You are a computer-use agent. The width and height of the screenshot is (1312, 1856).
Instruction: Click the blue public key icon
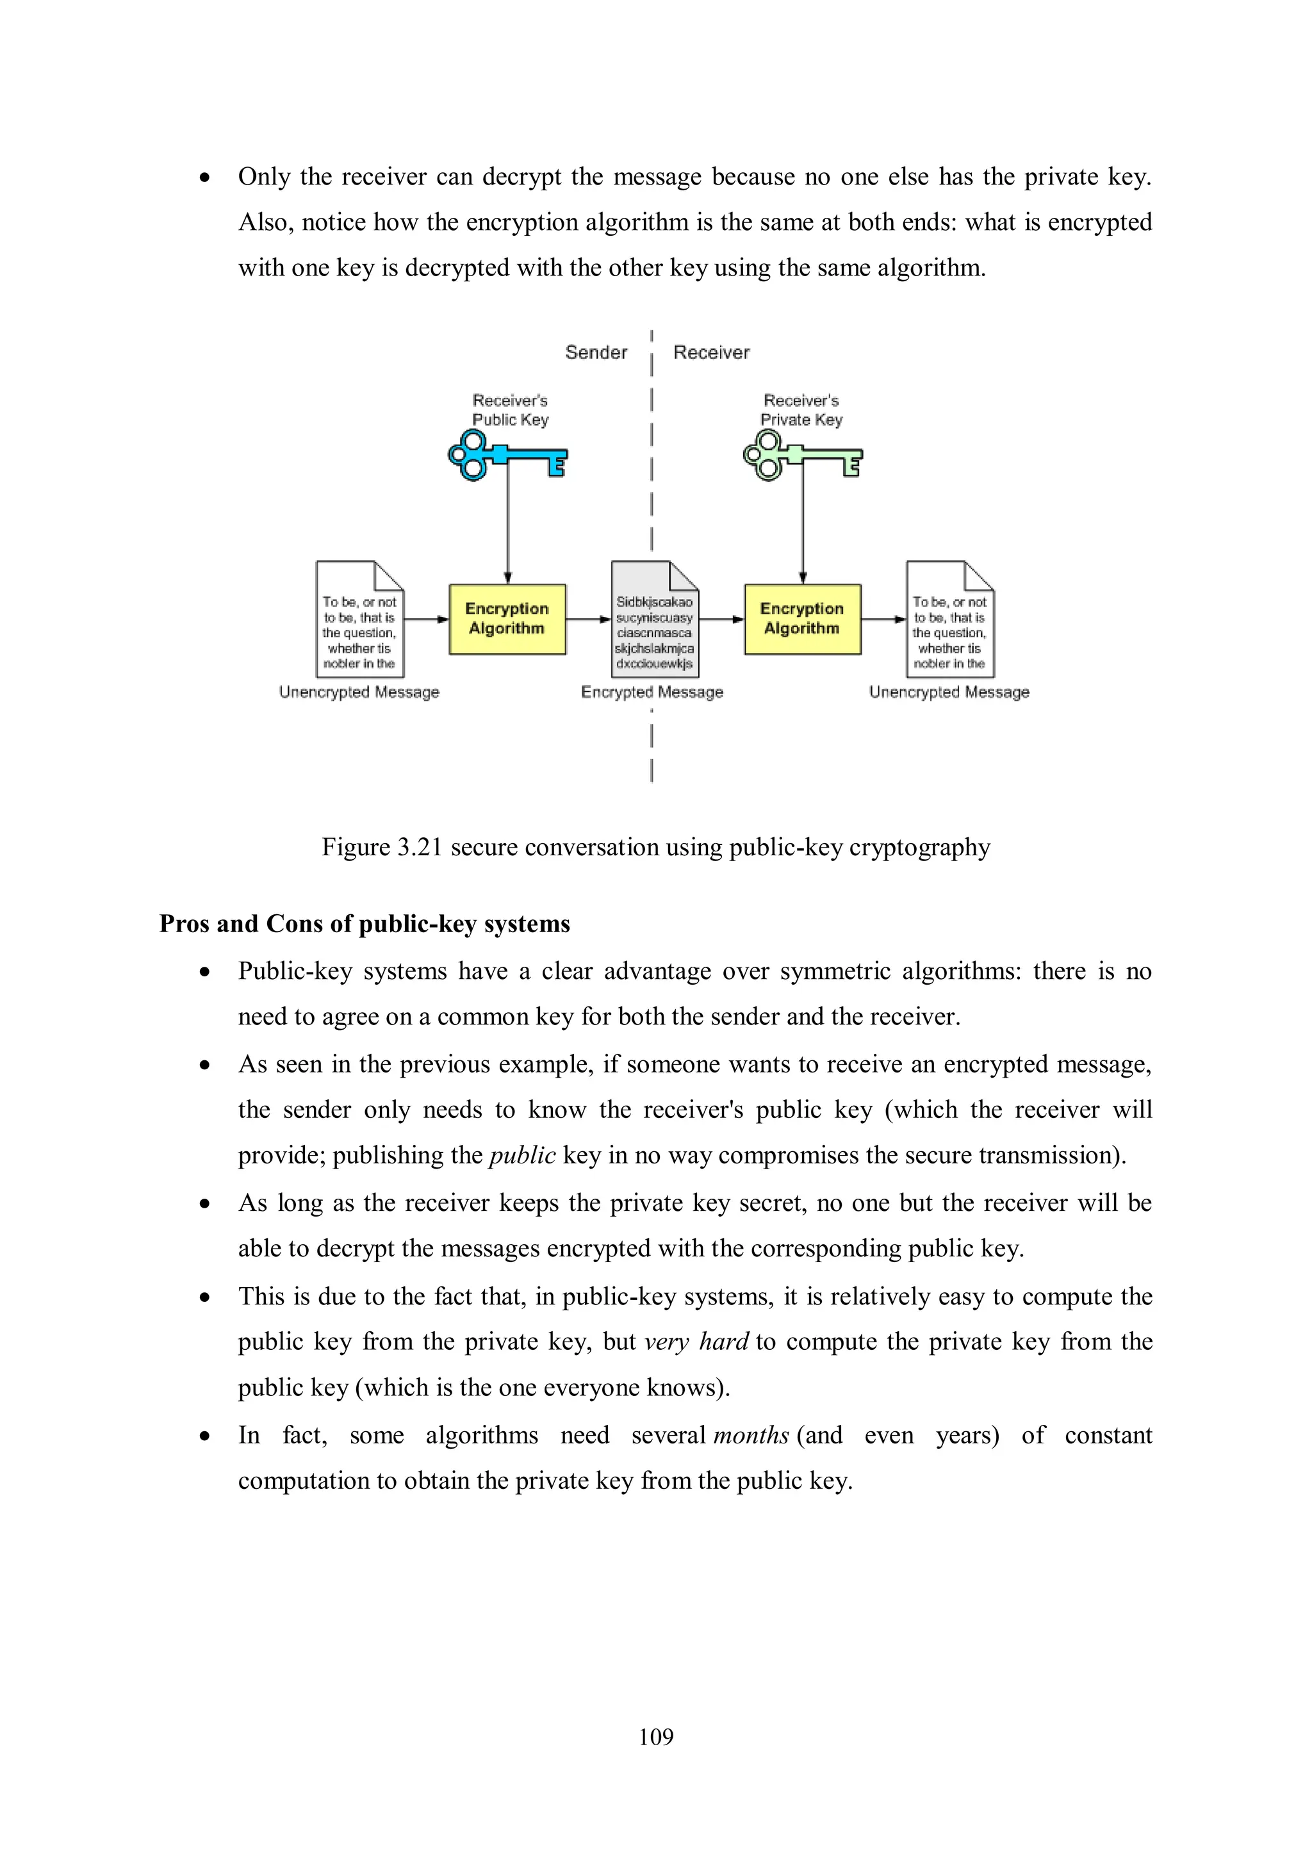click(507, 456)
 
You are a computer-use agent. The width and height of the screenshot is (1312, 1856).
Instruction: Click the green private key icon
click(802, 456)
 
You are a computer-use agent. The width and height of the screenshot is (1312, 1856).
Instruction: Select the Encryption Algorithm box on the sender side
click(507, 620)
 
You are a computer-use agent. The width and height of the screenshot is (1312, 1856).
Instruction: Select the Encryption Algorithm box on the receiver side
click(802, 620)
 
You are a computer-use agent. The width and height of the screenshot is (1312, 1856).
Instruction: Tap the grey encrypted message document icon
click(655, 620)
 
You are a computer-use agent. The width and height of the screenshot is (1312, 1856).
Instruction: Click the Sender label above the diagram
click(596, 352)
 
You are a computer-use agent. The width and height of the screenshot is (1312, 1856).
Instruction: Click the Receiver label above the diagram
click(711, 352)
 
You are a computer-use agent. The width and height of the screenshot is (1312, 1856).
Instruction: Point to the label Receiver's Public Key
click(510, 410)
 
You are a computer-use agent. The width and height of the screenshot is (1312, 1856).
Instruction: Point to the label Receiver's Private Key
click(801, 410)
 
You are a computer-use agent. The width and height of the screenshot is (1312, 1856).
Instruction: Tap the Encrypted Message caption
click(652, 692)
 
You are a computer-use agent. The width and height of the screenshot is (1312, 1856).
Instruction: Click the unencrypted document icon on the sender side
click(360, 620)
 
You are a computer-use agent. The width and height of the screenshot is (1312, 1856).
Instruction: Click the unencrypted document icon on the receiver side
click(950, 620)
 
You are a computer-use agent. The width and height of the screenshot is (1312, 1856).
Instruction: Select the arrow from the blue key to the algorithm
click(507, 525)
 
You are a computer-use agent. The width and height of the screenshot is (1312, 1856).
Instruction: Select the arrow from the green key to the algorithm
click(803, 525)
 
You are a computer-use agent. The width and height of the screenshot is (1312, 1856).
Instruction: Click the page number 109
click(655, 1736)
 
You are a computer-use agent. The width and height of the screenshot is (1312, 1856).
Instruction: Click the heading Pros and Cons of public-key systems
click(365, 923)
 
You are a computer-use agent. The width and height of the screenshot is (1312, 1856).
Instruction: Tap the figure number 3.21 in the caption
click(420, 847)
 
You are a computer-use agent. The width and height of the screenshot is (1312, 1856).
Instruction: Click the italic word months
click(751, 1435)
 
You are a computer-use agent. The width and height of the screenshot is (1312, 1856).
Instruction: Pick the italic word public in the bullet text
click(522, 1155)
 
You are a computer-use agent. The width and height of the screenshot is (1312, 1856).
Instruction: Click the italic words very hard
click(697, 1342)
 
